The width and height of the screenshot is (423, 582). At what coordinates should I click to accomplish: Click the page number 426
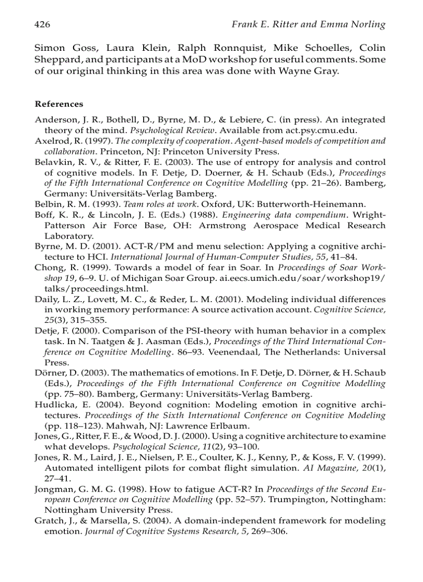point(42,24)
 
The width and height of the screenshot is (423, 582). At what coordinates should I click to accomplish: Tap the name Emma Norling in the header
point(359,24)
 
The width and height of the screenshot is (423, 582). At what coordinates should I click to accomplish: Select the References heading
point(59,104)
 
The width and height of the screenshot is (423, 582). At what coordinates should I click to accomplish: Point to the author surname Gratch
point(48,520)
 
